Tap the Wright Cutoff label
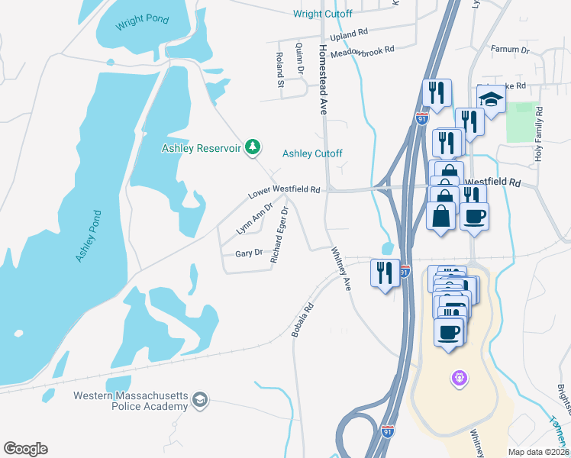(322, 14)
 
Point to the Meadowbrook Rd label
(368, 50)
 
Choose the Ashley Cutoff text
(312, 153)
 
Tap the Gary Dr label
(249, 253)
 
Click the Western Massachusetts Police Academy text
(131, 401)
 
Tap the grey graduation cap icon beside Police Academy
(200, 399)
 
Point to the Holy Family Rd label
(539, 134)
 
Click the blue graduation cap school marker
(491, 98)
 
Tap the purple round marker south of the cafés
(459, 377)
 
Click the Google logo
(25, 449)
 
